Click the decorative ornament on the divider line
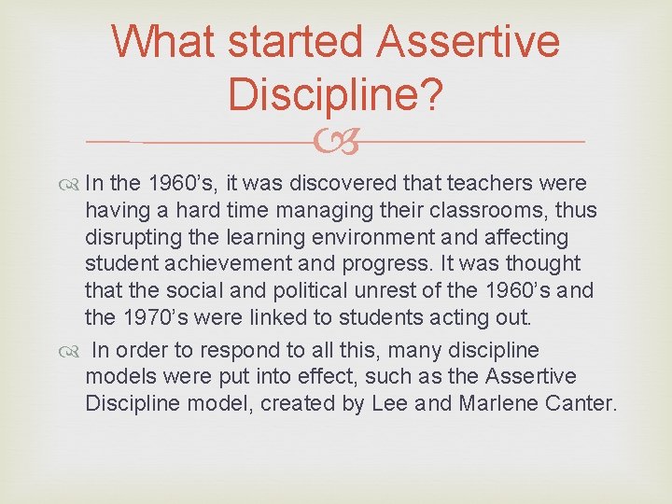click(335, 143)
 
